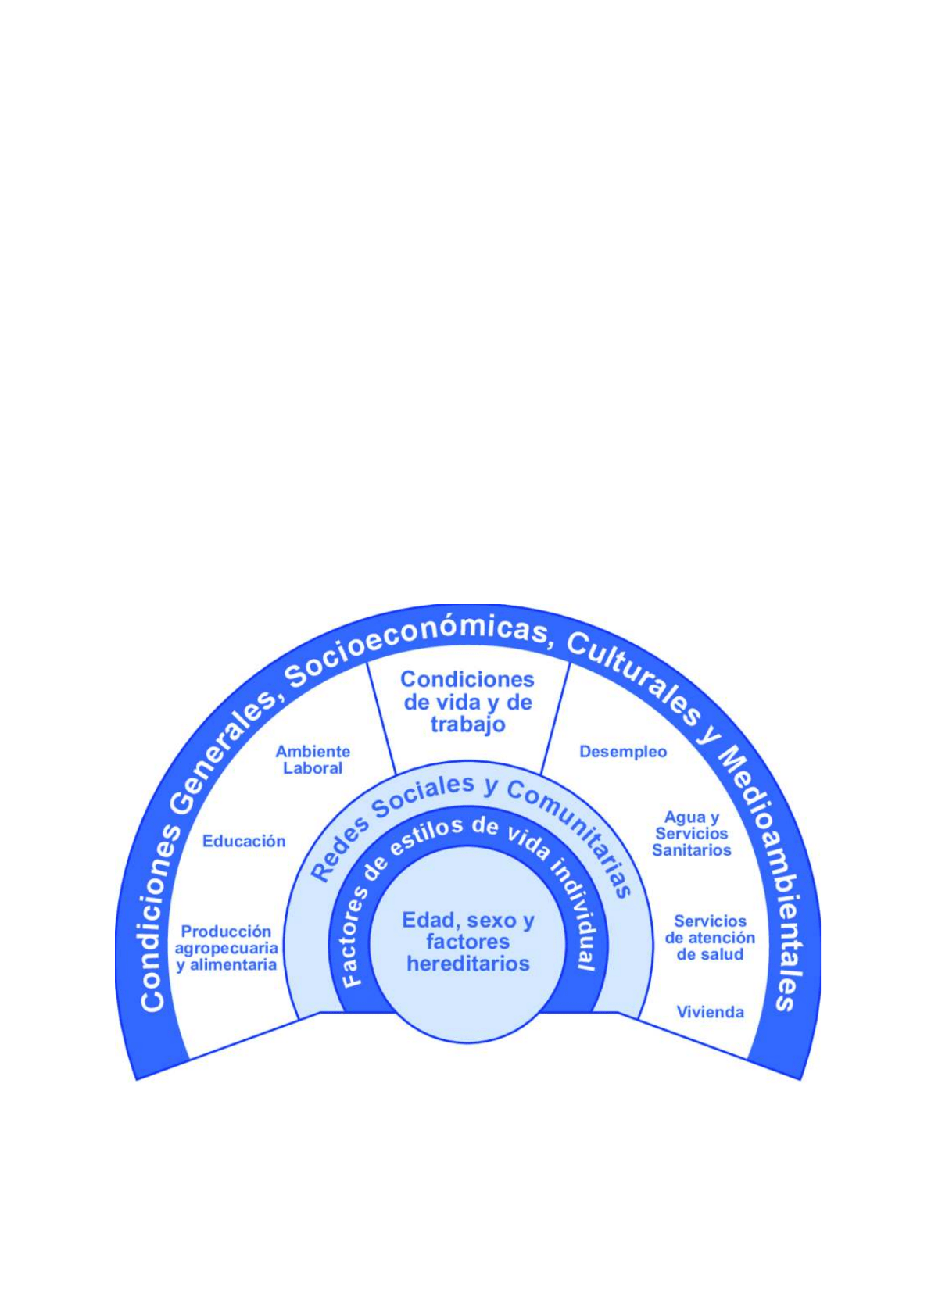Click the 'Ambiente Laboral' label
pyautogui.click(x=313, y=760)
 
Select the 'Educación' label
pyautogui.click(x=244, y=841)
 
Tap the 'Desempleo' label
pyautogui.click(x=623, y=752)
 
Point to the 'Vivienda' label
pyautogui.click(x=710, y=1012)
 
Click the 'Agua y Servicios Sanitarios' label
pyautogui.click(x=691, y=834)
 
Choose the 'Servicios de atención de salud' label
pyautogui.click(x=710, y=938)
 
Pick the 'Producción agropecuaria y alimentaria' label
pyautogui.click(x=226, y=948)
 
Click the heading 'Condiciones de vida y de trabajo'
pyautogui.click(x=467, y=702)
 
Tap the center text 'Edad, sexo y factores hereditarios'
pyautogui.click(x=467, y=942)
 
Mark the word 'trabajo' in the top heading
pyautogui.click(x=467, y=724)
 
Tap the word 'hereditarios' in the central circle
pyautogui.click(x=467, y=964)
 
